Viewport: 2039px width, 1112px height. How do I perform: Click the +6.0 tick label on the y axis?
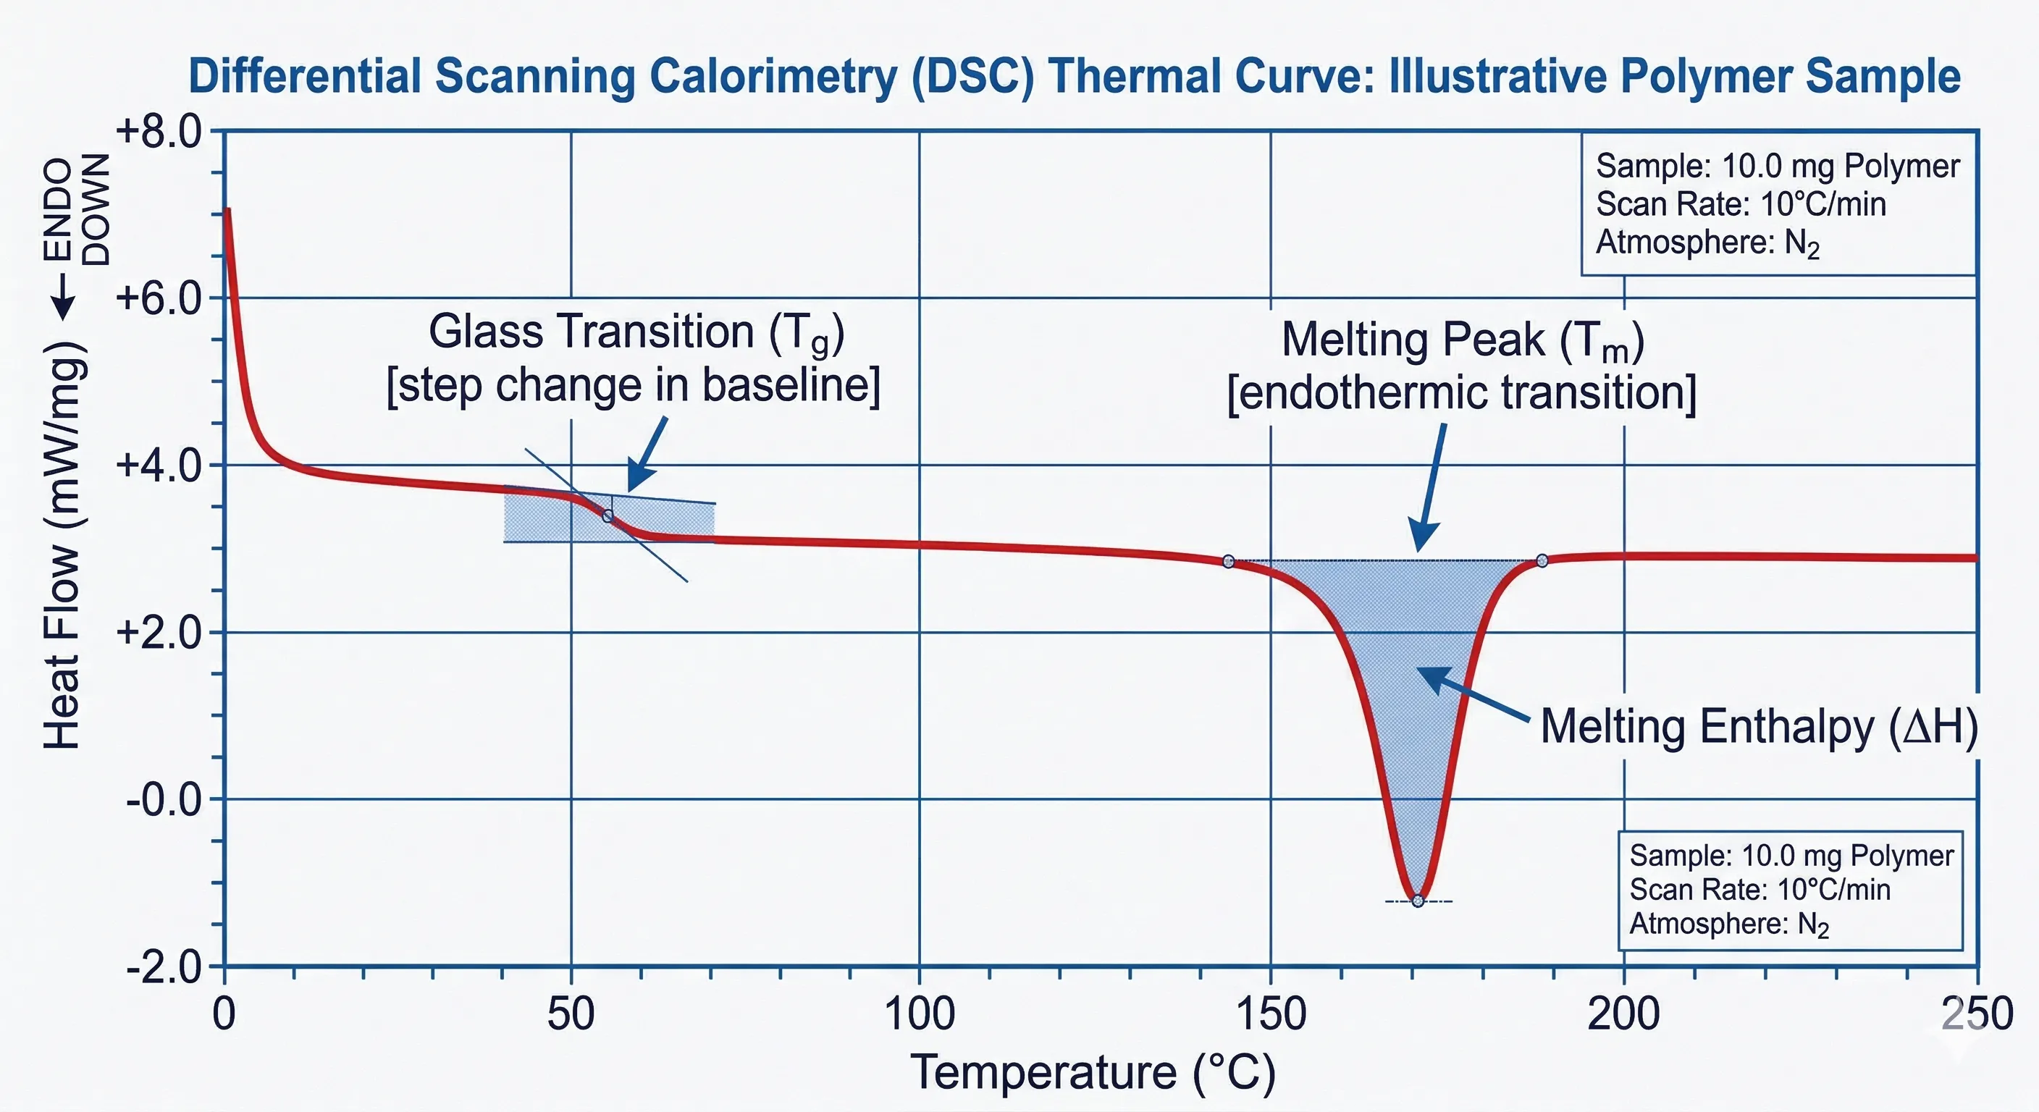tap(159, 300)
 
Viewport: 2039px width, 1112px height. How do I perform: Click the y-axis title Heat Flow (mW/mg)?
tap(63, 546)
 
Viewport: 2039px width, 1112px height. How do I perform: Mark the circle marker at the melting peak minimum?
tap(1418, 901)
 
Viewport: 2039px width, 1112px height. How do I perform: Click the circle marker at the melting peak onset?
tap(1229, 561)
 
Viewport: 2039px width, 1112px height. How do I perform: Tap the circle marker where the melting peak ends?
tap(1542, 560)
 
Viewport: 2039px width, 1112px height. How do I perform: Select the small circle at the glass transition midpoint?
tap(608, 516)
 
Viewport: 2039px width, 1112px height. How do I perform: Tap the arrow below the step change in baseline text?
tap(648, 455)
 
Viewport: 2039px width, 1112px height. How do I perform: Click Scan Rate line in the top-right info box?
tap(1741, 204)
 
